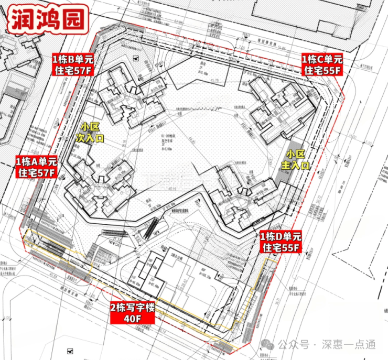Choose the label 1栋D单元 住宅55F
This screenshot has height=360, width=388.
(x=281, y=242)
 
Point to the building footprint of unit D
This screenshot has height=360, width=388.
(x=239, y=194)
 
